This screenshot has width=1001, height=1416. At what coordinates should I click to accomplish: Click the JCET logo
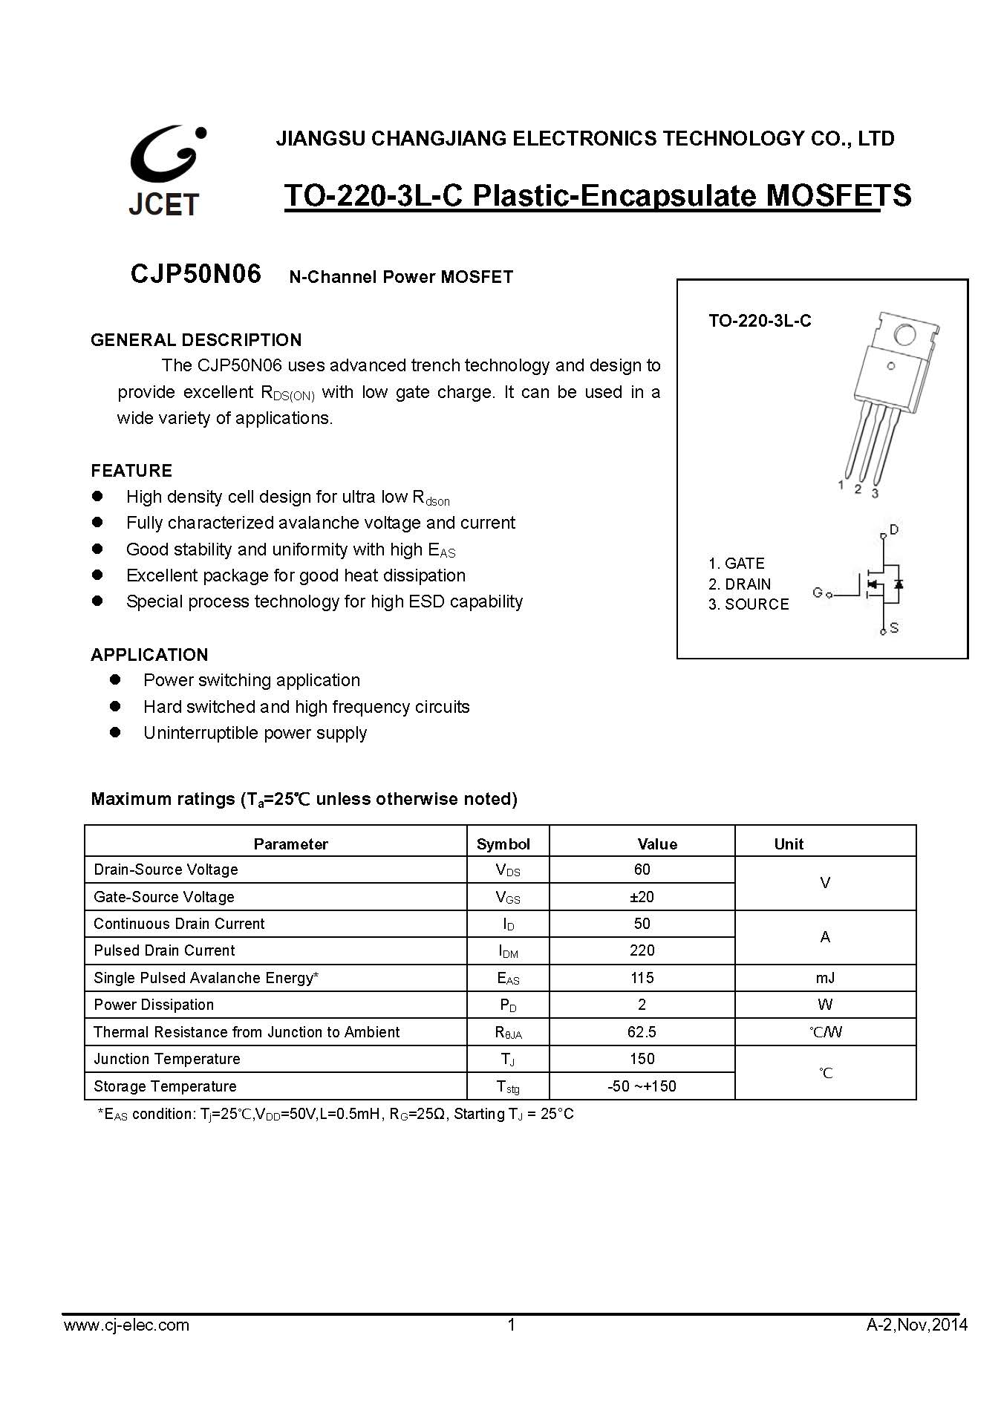click(166, 172)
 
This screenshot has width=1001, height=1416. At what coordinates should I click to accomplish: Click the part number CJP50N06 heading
click(196, 274)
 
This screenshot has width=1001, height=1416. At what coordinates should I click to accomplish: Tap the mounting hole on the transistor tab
click(904, 335)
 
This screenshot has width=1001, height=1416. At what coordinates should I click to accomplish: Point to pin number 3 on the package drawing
click(875, 493)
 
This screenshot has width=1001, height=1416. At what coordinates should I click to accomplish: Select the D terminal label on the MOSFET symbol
click(894, 529)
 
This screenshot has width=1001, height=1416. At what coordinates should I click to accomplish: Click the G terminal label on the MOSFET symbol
click(817, 593)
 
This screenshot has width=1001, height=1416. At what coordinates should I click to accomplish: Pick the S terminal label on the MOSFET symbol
click(894, 628)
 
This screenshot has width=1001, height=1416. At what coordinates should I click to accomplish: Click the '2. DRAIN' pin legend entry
click(740, 584)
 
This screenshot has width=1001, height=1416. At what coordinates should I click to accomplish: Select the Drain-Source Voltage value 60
click(642, 869)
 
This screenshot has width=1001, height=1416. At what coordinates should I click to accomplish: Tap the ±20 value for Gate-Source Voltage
click(642, 897)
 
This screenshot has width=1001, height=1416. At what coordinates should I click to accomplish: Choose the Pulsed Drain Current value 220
click(642, 950)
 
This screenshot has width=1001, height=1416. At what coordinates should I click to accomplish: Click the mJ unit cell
click(825, 978)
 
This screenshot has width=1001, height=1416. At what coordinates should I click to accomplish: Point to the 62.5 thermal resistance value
click(642, 1032)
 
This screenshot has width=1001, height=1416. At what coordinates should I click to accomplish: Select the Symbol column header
click(503, 844)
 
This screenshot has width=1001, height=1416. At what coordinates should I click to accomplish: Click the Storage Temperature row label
click(165, 1086)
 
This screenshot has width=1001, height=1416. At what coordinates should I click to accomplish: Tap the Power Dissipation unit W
click(825, 1005)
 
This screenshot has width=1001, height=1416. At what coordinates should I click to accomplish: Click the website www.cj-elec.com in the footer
click(126, 1325)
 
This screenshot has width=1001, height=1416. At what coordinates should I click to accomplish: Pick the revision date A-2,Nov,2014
click(917, 1325)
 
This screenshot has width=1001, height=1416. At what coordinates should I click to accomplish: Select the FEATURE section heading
click(131, 471)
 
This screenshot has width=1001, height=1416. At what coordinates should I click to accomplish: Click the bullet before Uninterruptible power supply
click(115, 732)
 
